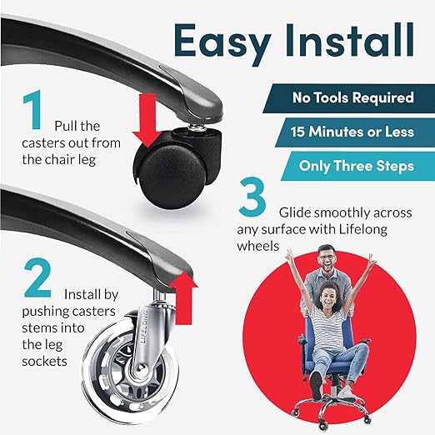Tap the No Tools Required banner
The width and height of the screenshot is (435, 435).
coord(349,98)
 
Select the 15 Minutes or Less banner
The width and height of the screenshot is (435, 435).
coord(355,132)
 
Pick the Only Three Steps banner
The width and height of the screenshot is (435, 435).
coord(357,166)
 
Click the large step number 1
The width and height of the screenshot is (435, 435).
coord(32,110)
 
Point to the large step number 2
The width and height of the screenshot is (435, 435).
coord(37,277)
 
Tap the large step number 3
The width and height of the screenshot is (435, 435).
coord(252,197)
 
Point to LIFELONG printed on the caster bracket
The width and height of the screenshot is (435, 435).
coord(145,327)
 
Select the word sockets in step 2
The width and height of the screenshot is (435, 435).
coord(44,362)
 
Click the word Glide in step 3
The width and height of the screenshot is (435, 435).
coord(295,212)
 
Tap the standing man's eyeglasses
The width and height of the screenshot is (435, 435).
coord(327,257)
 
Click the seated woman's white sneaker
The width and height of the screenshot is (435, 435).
coord(347,392)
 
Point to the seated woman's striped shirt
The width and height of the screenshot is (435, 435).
coord(327,327)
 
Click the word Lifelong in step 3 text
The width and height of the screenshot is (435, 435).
coord(362,230)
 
